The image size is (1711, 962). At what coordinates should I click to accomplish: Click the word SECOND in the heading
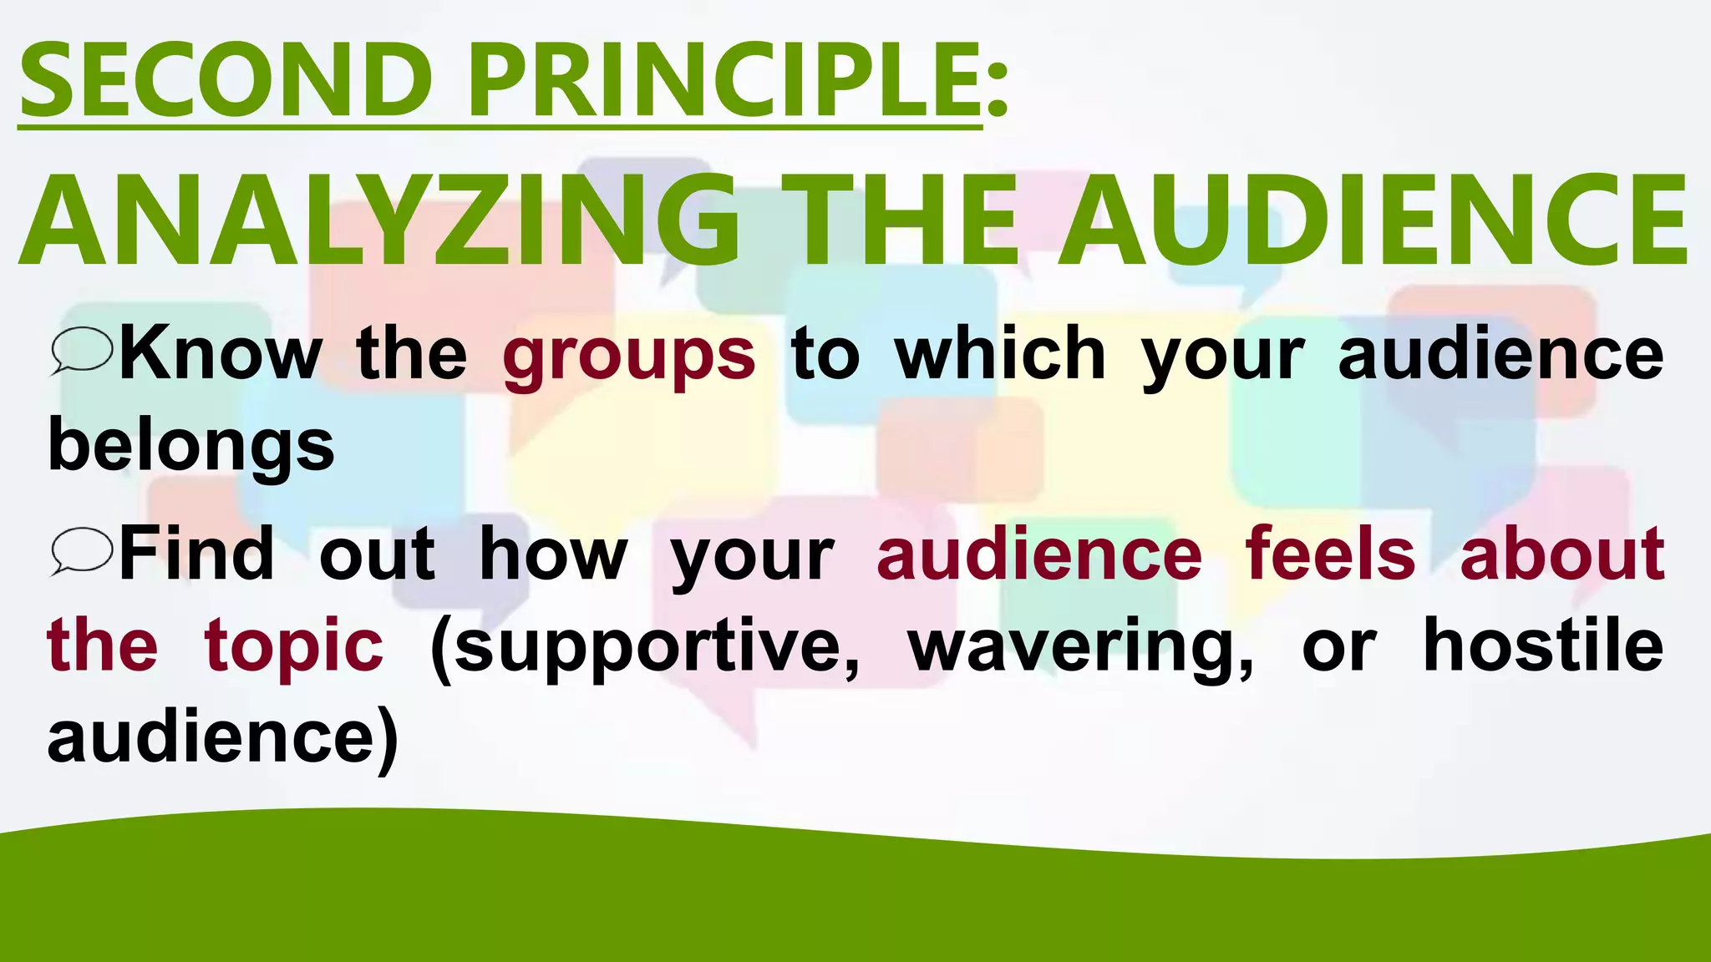click(226, 81)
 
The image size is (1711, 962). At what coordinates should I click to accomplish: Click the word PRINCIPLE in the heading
click(723, 81)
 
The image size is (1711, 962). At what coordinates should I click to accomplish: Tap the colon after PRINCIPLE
click(997, 92)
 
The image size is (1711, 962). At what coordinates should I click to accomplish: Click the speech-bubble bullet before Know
click(80, 352)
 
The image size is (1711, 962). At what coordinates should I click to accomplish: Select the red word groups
click(628, 355)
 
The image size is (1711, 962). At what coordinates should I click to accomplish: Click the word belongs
click(191, 444)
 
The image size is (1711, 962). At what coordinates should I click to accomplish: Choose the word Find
click(196, 552)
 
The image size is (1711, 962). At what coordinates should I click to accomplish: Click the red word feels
click(1330, 552)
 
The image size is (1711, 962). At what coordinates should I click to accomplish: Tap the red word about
click(1561, 552)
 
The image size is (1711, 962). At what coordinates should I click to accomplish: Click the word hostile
click(1542, 644)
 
